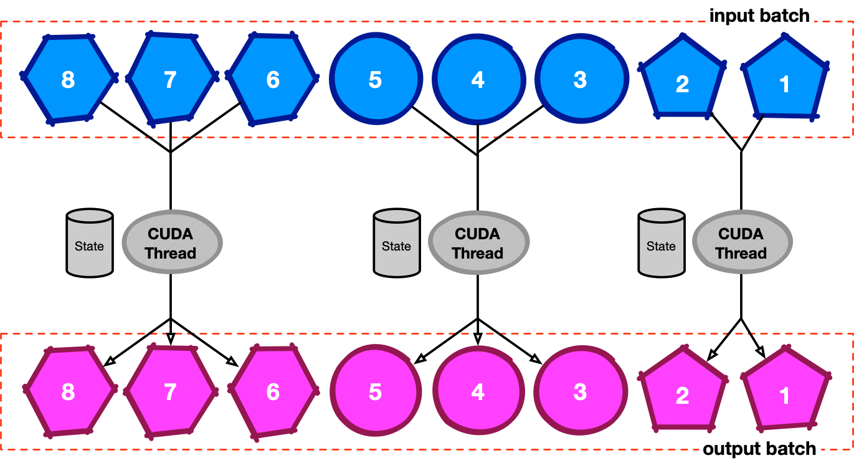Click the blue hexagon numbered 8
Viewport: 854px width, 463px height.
click(69, 79)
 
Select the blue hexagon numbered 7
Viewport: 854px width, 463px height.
click(171, 79)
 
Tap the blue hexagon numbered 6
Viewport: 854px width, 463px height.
click(273, 79)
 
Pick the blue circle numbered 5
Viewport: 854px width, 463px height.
click(374, 79)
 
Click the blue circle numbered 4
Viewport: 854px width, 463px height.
click(477, 79)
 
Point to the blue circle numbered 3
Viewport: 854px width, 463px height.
click(580, 79)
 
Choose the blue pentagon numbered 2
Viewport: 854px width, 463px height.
click(683, 81)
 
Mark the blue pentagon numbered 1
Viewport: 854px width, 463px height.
click(785, 81)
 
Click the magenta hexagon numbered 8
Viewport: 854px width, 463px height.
click(69, 391)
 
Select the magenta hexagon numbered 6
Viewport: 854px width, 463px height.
click(273, 391)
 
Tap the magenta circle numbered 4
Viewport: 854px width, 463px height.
click(477, 391)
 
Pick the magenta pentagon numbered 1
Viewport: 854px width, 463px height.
click(785, 394)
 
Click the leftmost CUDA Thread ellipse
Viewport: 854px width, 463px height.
click(171, 243)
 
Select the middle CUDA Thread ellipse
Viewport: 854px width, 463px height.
click(478, 243)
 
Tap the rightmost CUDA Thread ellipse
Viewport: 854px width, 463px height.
click(741, 243)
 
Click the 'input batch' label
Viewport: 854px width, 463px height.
click(759, 15)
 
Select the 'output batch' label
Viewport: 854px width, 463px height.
click(759, 449)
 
